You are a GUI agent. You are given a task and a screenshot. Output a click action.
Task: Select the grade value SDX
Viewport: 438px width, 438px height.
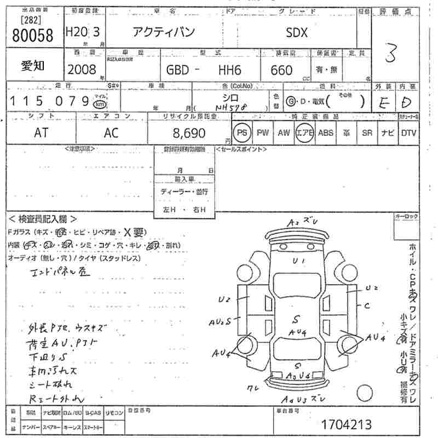pyautogui.click(x=297, y=32)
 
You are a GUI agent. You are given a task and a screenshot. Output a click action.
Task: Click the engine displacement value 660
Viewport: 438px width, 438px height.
pyautogui.click(x=281, y=70)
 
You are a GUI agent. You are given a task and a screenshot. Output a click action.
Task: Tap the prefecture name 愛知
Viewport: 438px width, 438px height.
pyautogui.click(x=33, y=66)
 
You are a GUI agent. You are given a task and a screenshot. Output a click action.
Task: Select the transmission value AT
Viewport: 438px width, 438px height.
pyautogui.click(x=41, y=133)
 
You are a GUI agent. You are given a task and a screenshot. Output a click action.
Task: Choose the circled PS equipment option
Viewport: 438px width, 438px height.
pyautogui.click(x=241, y=132)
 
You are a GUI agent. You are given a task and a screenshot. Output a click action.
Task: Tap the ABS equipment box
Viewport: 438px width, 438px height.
pyautogui.click(x=325, y=132)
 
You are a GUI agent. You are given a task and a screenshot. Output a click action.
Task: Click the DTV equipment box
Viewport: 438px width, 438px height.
pyautogui.click(x=408, y=132)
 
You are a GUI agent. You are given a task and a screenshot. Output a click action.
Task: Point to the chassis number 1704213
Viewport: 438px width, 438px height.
pyautogui.click(x=346, y=424)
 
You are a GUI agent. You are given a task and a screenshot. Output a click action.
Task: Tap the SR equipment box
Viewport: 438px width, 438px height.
pyautogui.click(x=367, y=132)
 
